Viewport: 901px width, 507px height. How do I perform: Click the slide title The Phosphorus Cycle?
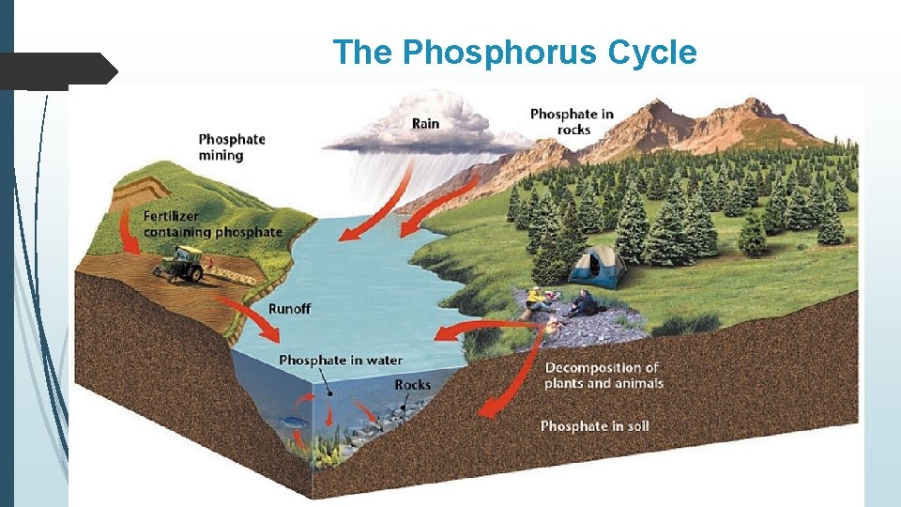point(514,53)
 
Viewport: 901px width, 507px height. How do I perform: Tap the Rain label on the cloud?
point(425,123)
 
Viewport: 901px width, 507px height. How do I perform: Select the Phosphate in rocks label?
point(572,121)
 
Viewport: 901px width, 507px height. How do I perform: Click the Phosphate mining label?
point(232,146)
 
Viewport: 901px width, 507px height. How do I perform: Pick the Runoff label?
point(289,308)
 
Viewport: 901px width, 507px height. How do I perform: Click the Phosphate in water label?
point(341,361)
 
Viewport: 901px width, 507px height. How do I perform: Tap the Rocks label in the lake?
point(412,384)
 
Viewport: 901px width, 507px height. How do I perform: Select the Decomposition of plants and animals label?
point(603,376)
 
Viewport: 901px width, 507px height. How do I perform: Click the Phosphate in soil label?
point(594,426)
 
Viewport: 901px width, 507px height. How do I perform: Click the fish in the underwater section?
point(293,422)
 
